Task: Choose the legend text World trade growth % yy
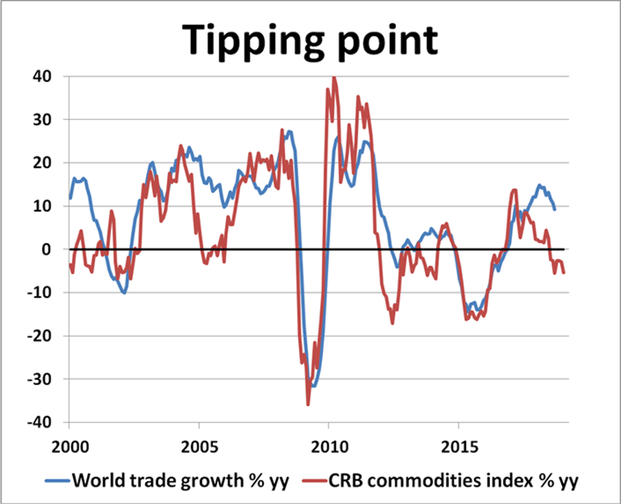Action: (181, 481)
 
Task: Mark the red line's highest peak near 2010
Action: (334, 78)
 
